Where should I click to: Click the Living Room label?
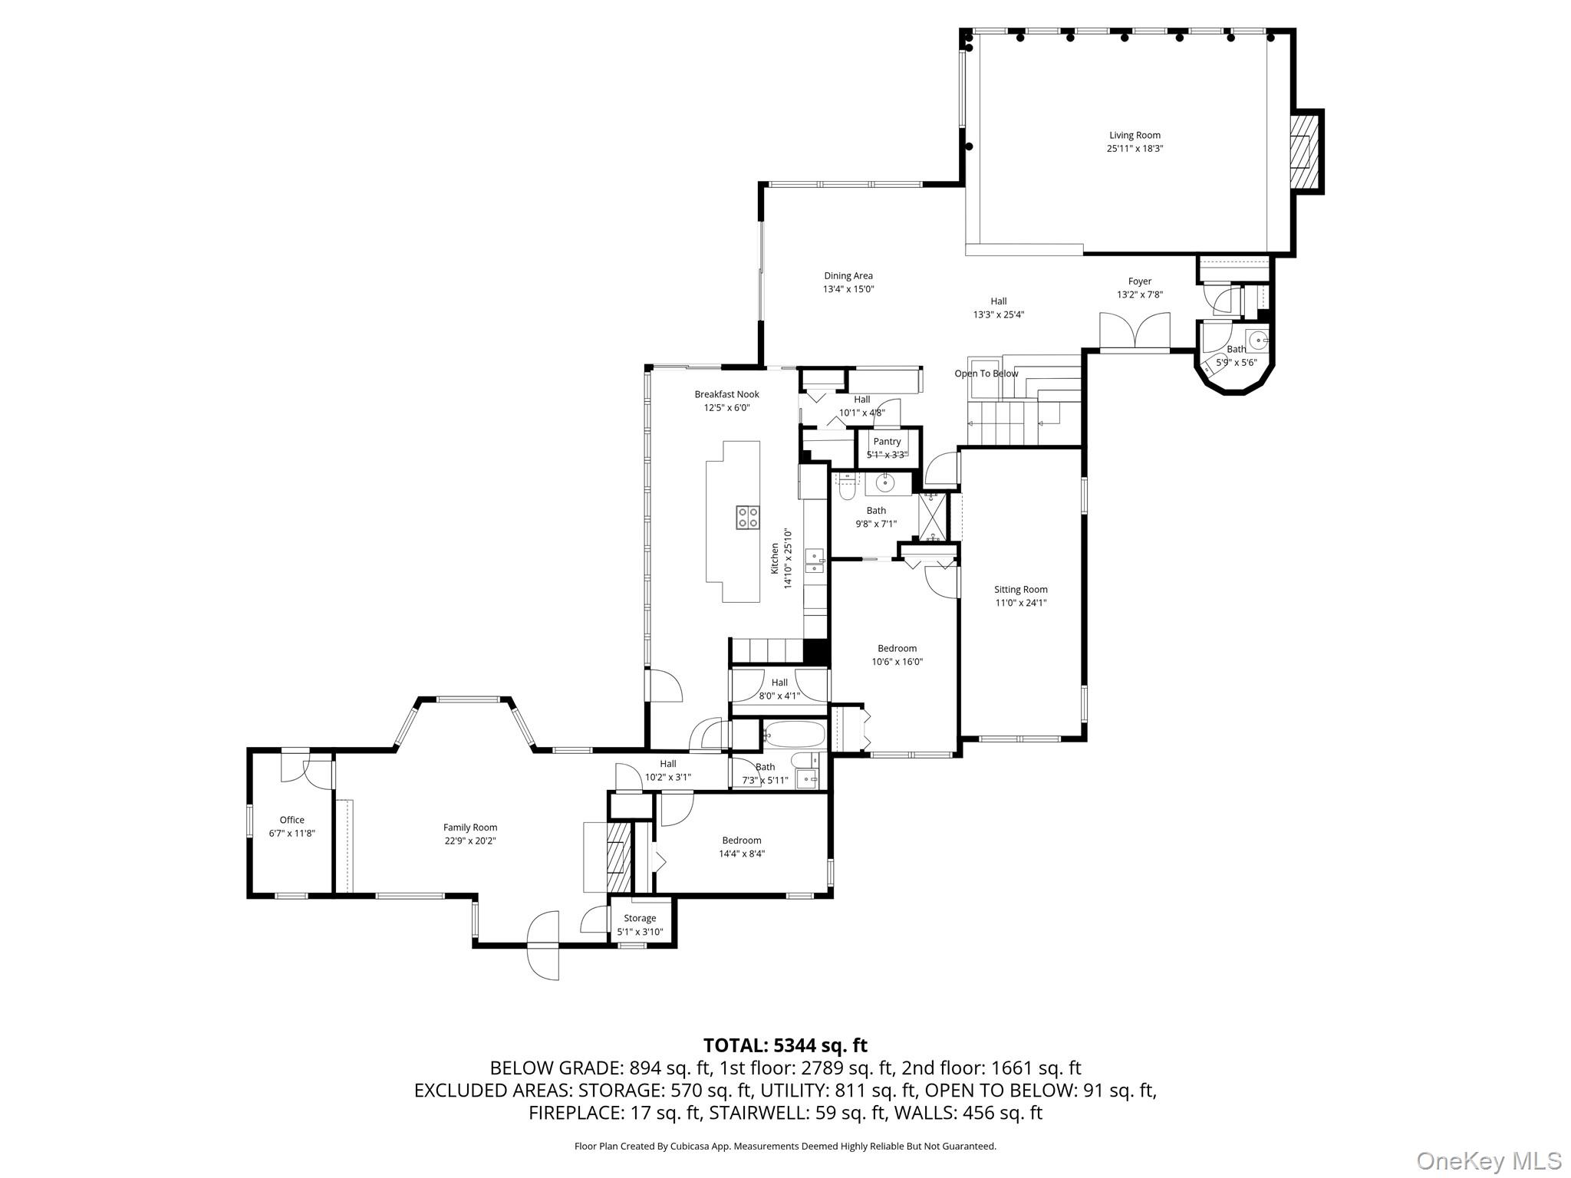pyautogui.click(x=1135, y=136)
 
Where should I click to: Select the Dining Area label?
pyautogui.click(x=848, y=276)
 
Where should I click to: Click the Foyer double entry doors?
pyautogui.click(x=1135, y=331)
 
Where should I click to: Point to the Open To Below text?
pyautogui.click(x=986, y=373)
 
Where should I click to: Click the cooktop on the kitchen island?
pyautogui.click(x=747, y=517)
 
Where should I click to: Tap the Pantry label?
pyautogui.click(x=887, y=441)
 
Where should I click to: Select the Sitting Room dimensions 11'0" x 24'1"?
pyautogui.click(x=1020, y=603)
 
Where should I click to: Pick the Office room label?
pyautogui.click(x=291, y=820)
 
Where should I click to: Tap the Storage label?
pyautogui.click(x=640, y=918)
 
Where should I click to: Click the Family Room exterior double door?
pyautogui.click(x=543, y=945)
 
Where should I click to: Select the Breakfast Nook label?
pyautogui.click(x=726, y=394)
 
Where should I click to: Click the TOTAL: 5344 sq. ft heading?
pyautogui.click(x=785, y=1045)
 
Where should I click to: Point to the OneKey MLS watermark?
pyautogui.click(x=1488, y=1160)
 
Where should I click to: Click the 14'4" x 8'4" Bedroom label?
pyautogui.click(x=741, y=841)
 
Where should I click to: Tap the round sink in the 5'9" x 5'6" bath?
pyautogui.click(x=1257, y=338)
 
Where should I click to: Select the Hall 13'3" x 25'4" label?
pyautogui.click(x=998, y=301)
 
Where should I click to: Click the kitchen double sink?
pyautogui.click(x=813, y=560)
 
